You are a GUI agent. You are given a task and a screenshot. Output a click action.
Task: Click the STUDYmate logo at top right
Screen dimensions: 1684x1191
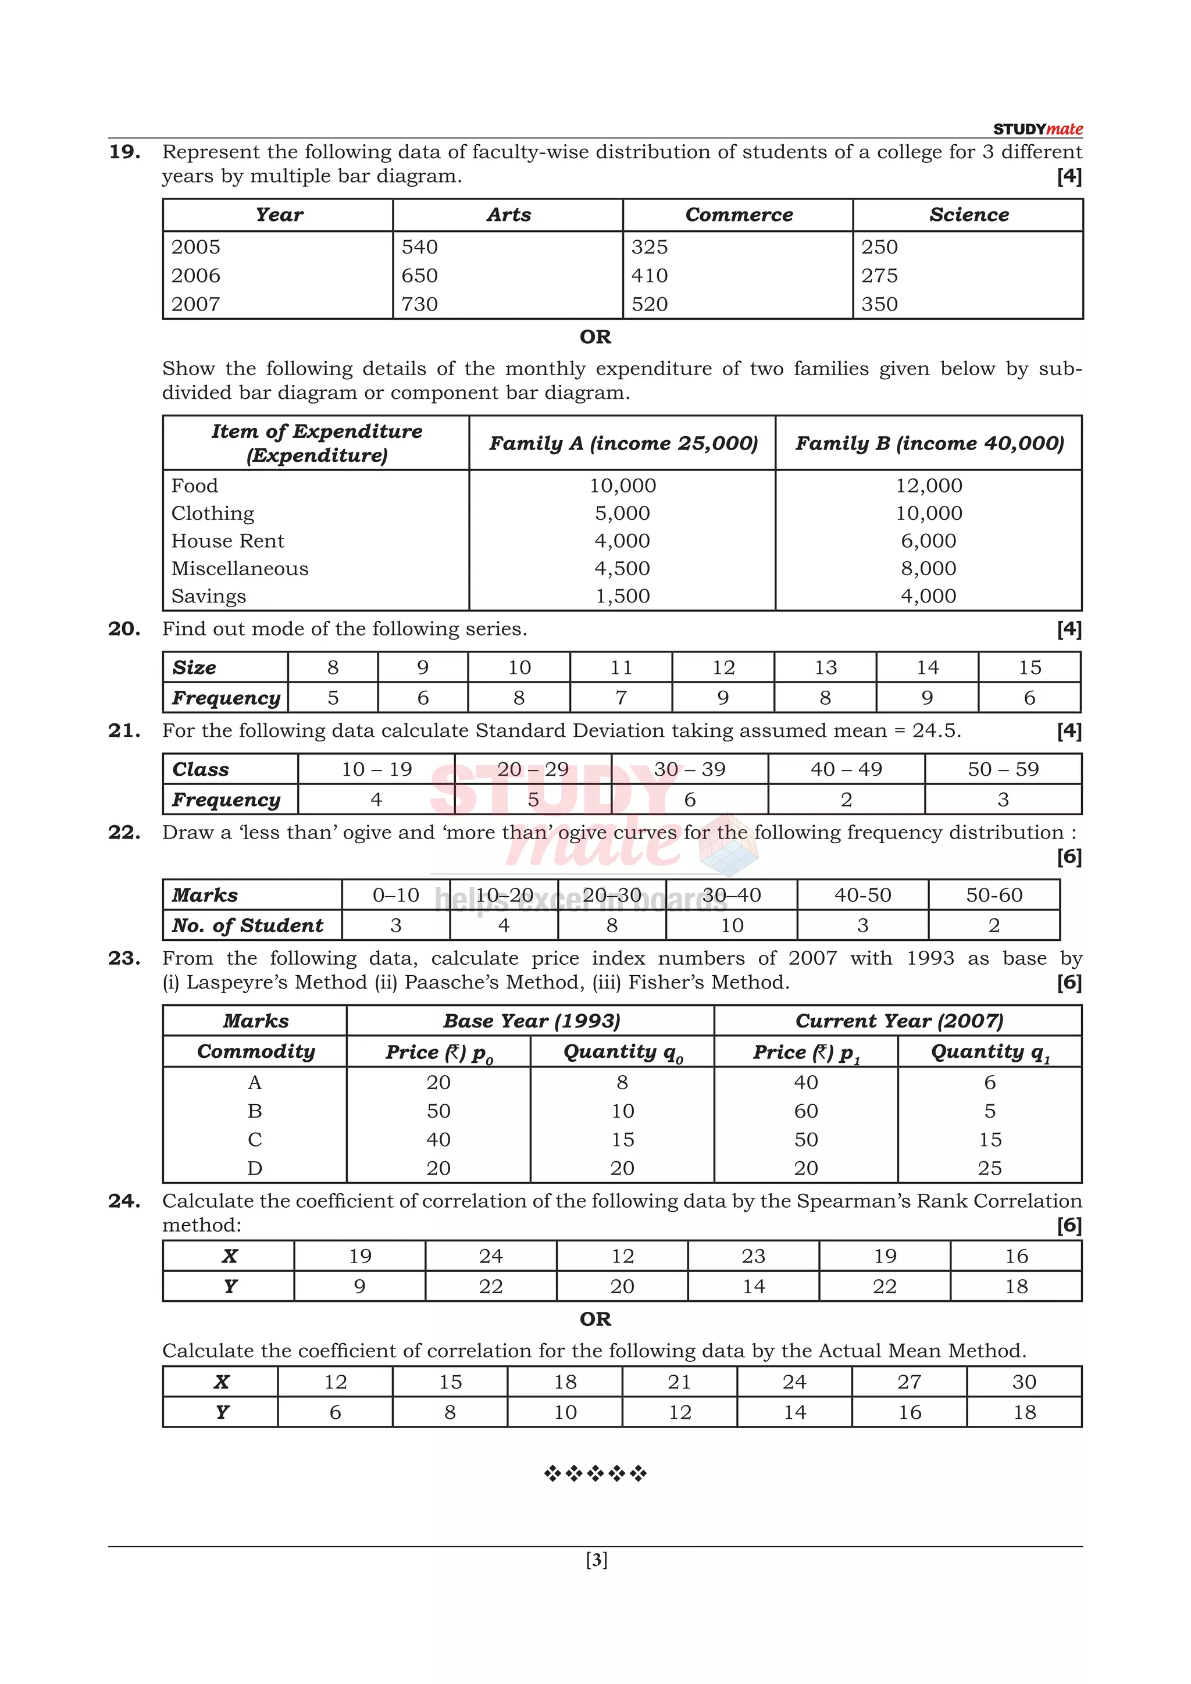[1037, 129]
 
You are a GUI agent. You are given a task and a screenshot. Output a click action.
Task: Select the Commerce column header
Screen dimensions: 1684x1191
[739, 215]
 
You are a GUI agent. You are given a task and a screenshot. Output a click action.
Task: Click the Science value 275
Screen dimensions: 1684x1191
[879, 276]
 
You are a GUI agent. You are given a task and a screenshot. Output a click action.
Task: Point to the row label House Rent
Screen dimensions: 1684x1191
[227, 541]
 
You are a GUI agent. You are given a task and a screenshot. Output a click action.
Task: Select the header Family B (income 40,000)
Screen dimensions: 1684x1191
[929, 443]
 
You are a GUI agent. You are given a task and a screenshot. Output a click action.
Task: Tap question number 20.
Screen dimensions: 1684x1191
[124, 629]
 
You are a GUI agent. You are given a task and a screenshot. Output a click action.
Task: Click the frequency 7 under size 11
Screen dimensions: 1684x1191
[621, 698]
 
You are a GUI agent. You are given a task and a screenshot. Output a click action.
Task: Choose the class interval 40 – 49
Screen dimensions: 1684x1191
[846, 769]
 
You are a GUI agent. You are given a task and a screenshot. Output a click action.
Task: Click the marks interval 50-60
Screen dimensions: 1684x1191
[994, 895]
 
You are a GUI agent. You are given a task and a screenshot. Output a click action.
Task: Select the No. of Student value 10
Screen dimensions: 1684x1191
[731, 926]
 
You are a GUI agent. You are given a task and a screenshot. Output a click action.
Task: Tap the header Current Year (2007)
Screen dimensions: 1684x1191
[898, 1021]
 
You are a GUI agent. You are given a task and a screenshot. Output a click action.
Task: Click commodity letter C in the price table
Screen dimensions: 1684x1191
[255, 1140]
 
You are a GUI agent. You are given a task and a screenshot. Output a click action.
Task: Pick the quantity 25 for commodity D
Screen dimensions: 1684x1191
[989, 1168]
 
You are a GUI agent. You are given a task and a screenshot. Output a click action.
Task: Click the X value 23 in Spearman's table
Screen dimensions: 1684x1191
[753, 1257]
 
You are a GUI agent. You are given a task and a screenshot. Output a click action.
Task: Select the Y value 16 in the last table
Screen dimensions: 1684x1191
[910, 1412]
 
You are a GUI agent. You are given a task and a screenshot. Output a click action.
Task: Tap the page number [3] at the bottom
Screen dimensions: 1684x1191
[596, 1560]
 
